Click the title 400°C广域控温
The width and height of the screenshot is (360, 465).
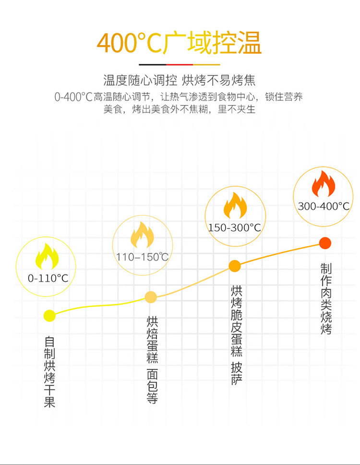coord(179,43)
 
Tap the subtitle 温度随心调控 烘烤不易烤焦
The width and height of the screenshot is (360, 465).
coord(180,80)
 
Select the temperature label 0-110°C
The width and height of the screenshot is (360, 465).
coord(48,278)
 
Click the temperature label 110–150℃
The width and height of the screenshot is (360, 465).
coord(142,257)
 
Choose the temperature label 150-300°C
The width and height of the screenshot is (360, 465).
coord(234,227)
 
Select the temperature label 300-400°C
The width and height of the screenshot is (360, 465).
coord(323,206)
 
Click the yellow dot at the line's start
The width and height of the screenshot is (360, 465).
coord(49,315)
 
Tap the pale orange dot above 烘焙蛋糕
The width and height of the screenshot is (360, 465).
coord(151,297)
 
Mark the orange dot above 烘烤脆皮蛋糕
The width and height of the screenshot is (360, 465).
coord(234,265)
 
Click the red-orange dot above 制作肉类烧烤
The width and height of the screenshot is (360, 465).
coord(325,243)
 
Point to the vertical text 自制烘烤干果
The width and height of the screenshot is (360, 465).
coord(49,372)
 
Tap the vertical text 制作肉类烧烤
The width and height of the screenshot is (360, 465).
coord(326,298)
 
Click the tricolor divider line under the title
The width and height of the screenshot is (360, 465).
coord(180,64)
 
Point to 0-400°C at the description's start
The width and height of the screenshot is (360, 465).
coord(73,97)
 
